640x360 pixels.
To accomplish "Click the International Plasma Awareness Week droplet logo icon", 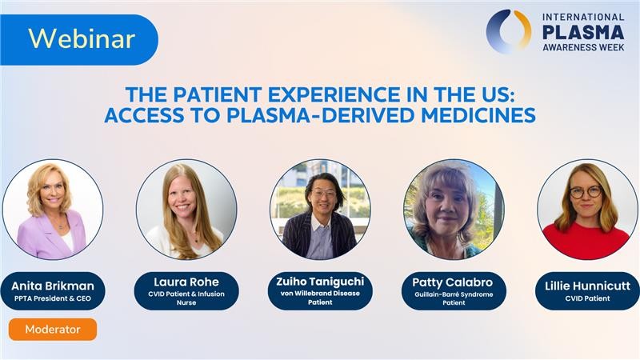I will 509,31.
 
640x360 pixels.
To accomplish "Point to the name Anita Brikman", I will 53,286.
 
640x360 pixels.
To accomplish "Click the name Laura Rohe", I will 186,282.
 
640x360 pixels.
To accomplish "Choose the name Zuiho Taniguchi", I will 320,282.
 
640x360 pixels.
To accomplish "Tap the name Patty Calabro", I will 454,282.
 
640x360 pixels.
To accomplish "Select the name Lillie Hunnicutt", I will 587,286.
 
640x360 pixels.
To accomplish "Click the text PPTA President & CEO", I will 53,298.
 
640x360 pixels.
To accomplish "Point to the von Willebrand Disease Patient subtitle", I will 320,298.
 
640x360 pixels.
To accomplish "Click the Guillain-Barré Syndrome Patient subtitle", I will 454,298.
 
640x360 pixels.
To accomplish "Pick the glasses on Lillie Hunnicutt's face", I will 586,192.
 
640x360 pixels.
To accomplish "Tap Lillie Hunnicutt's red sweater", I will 586,239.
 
